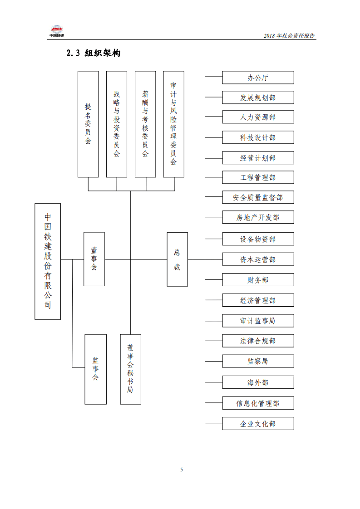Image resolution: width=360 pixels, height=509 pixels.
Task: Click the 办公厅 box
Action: pos(258,78)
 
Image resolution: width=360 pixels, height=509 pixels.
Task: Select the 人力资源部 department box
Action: pos(258,117)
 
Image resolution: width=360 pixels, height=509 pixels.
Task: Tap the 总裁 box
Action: pos(177,259)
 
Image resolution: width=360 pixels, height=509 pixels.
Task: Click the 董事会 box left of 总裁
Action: pos(94,259)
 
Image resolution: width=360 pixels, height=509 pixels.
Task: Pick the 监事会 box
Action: pos(95,369)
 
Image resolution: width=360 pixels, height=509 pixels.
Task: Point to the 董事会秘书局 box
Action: pos(130,369)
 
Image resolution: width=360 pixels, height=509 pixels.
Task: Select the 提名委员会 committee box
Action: pos(88,124)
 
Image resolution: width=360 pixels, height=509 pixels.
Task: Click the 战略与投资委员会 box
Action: pos(117,124)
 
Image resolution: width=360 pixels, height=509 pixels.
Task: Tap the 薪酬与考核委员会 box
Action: pos(145,124)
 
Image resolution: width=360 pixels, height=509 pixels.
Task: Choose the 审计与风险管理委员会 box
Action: pos(173,124)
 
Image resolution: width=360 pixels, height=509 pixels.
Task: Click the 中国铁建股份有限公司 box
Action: pos(48,261)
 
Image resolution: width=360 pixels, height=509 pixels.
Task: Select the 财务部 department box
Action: pos(258,280)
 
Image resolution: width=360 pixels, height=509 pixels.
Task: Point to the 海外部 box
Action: pos(258,382)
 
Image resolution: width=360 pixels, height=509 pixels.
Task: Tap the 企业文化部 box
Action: pos(258,424)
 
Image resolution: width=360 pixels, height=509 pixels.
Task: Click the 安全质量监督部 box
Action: pos(258,197)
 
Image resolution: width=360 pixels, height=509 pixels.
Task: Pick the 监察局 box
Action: pos(258,361)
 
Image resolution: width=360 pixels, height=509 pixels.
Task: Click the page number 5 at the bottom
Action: pos(182,470)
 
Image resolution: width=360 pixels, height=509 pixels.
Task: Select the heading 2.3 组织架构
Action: pos(93,54)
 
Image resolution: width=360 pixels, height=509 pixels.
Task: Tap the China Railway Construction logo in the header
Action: pos(57,31)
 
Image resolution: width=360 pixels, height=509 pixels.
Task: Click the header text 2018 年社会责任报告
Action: pos(289,36)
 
